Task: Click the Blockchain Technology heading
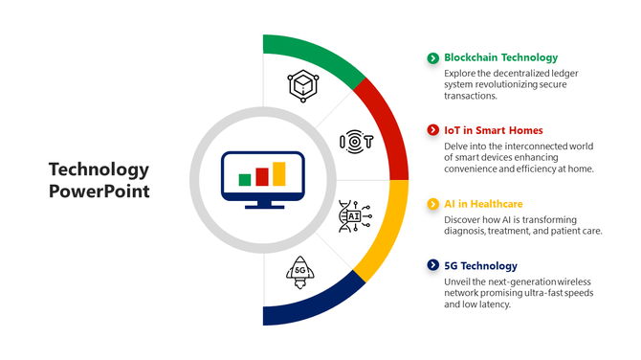pyautogui.click(x=500, y=57)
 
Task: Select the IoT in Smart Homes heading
pyautogui.click(x=493, y=130)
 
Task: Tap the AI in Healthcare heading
pyautogui.click(x=483, y=204)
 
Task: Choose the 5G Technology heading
pyautogui.click(x=480, y=265)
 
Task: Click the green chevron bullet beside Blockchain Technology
pyautogui.click(x=432, y=58)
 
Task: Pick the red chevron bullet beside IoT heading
pyautogui.click(x=432, y=130)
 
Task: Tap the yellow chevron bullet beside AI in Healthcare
pyautogui.click(x=432, y=204)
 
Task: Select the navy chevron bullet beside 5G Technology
pyautogui.click(x=432, y=265)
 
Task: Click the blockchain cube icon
pyautogui.click(x=302, y=85)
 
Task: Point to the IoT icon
pyautogui.click(x=355, y=142)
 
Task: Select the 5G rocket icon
pyautogui.click(x=299, y=272)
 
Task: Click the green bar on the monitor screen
pyautogui.click(x=245, y=180)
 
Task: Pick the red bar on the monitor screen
pyautogui.click(x=261, y=176)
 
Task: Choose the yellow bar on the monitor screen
pyautogui.click(x=278, y=173)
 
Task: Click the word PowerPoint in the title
pyautogui.click(x=99, y=191)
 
